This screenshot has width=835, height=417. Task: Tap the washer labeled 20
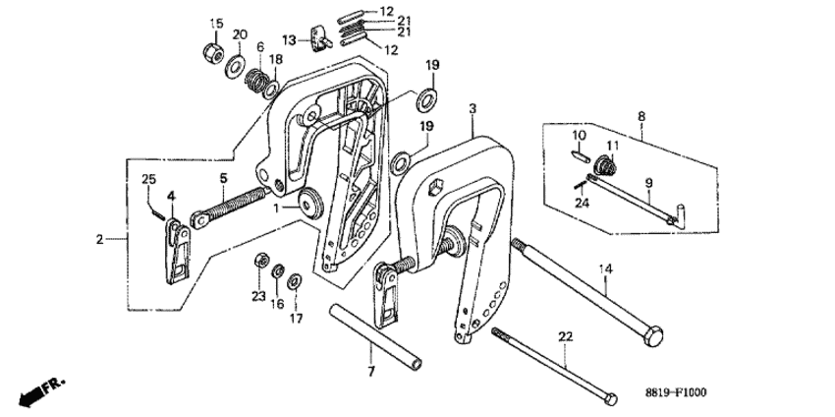pyautogui.click(x=236, y=66)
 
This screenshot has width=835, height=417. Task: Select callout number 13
pyautogui.click(x=289, y=40)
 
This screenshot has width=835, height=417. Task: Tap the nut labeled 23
pyautogui.click(x=261, y=261)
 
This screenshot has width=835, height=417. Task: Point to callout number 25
pyautogui.click(x=149, y=178)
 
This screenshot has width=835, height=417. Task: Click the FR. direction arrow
pyautogui.click(x=39, y=389)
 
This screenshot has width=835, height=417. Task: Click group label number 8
pyautogui.click(x=641, y=116)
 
